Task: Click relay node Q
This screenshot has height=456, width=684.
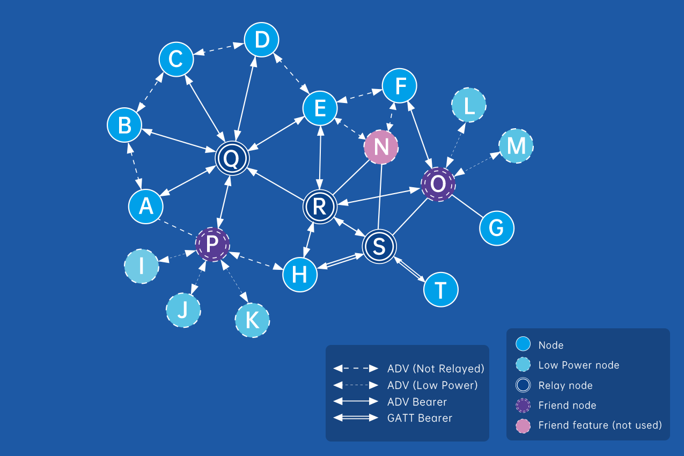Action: pos(232,158)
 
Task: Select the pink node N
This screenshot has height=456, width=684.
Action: pos(381,146)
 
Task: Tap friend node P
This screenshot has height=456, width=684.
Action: pos(212,244)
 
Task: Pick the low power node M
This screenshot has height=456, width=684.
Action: pos(516,146)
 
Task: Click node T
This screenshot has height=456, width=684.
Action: pos(440,290)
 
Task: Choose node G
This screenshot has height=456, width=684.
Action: pos(496,228)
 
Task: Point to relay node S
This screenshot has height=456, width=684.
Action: pos(379,246)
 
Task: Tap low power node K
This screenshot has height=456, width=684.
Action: pos(252,320)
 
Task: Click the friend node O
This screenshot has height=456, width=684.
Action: pos(438,184)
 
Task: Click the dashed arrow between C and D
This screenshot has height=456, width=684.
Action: pos(219,50)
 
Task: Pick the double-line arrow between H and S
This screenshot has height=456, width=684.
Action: pos(340,262)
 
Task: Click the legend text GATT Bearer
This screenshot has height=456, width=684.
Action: pos(420,418)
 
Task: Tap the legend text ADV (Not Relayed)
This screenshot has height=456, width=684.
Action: pos(435,369)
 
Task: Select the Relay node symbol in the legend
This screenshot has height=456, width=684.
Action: pos(523,385)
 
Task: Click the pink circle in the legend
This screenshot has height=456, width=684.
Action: pos(523,425)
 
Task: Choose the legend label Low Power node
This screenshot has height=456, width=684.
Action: pos(578,365)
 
